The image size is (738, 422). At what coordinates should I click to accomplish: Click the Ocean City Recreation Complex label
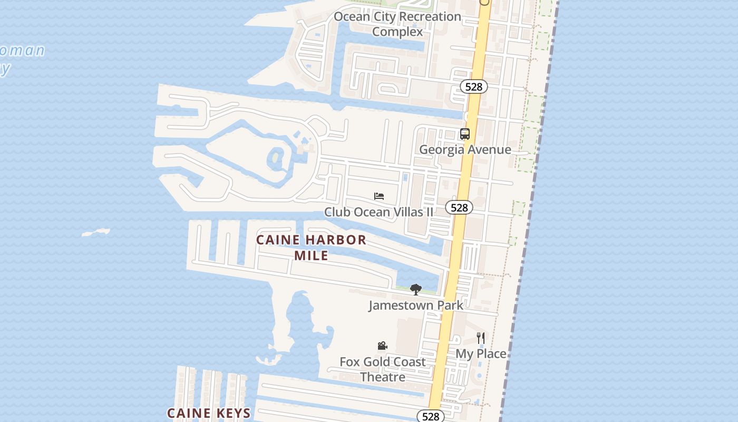click(397, 24)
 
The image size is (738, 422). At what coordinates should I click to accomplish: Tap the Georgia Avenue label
click(465, 150)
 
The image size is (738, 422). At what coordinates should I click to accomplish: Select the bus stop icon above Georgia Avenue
click(464, 134)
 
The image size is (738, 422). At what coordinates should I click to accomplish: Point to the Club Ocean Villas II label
click(378, 212)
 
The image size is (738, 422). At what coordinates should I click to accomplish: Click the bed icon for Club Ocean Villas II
click(378, 196)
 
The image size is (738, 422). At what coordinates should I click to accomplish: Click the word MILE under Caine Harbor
click(311, 256)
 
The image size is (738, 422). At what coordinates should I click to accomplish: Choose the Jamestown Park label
click(416, 305)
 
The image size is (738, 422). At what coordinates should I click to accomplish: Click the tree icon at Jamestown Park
click(416, 289)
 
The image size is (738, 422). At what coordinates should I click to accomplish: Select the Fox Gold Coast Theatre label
click(383, 369)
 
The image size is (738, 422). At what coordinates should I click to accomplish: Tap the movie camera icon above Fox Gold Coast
click(383, 346)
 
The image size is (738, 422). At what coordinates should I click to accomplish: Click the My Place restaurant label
click(481, 354)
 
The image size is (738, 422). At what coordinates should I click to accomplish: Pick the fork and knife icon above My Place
click(481, 338)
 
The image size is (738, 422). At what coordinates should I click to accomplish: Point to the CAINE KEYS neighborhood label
click(209, 413)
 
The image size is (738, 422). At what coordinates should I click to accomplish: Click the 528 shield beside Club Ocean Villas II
click(459, 207)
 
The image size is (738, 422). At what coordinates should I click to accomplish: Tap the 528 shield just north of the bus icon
click(473, 87)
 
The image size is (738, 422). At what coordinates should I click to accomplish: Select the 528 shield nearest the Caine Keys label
click(431, 416)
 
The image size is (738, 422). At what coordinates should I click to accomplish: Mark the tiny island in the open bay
click(96, 232)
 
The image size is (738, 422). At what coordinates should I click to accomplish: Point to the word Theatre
click(383, 377)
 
